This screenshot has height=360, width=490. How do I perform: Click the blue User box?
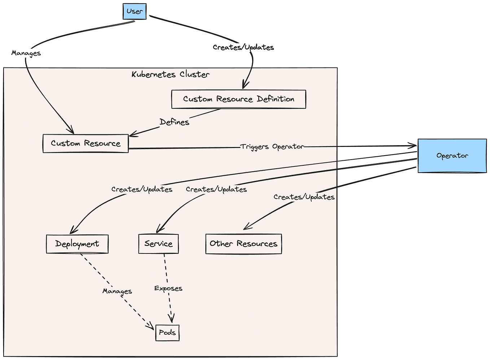pyautogui.click(x=134, y=11)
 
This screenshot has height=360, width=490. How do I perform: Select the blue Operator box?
pyautogui.click(x=452, y=156)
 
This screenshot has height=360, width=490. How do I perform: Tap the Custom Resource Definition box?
pyautogui.click(x=239, y=99)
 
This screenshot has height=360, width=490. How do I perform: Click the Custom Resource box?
pyautogui.click(x=86, y=143)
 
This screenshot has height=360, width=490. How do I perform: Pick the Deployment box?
pyautogui.click(x=77, y=244)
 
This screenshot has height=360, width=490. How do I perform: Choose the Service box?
pyautogui.click(x=158, y=244)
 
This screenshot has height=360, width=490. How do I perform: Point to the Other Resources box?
pyautogui.click(x=244, y=244)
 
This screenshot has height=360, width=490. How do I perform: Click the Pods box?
pyautogui.click(x=167, y=333)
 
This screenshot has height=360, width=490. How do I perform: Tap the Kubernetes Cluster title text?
pyautogui.click(x=170, y=74)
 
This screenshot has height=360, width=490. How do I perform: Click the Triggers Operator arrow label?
pyautogui.click(x=272, y=147)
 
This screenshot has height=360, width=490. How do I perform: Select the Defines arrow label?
pyautogui.click(x=174, y=122)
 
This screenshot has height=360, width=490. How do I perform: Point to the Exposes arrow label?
pyautogui.click(x=168, y=289)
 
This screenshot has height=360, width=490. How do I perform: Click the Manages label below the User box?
pyautogui.click(x=26, y=53)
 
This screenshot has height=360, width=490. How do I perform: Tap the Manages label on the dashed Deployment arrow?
pyautogui.click(x=117, y=291)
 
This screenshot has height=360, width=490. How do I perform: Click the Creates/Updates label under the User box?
pyautogui.click(x=243, y=47)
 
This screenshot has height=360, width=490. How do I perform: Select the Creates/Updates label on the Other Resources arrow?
pyautogui.click(x=304, y=197)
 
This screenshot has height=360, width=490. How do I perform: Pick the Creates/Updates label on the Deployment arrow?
pyautogui.click(x=142, y=189)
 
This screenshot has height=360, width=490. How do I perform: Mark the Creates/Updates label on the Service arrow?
pyautogui.click(x=216, y=189)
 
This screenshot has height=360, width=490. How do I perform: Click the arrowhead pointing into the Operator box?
pyautogui.click(x=413, y=146)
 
